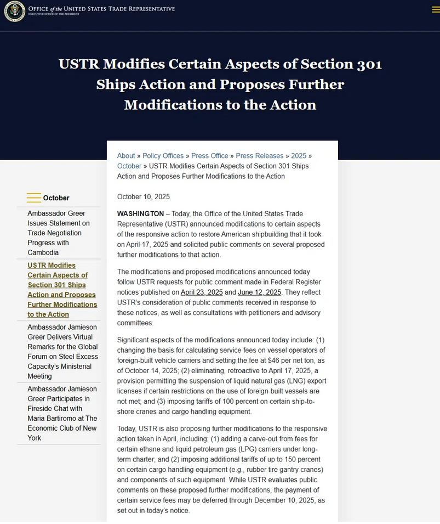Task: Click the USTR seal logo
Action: [x=14, y=11]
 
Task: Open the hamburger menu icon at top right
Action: [x=436, y=10]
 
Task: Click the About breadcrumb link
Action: [x=126, y=156]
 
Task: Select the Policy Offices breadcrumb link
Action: [x=163, y=156]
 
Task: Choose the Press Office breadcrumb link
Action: [x=210, y=156]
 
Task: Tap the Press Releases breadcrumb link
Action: [x=259, y=156]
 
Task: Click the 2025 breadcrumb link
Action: [x=299, y=156]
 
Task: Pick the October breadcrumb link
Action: [x=129, y=166]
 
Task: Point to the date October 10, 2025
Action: [x=144, y=196]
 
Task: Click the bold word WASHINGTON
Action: [x=140, y=213]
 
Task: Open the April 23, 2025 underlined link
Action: [x=202, y=292]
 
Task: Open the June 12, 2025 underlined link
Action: [x=259, y=292]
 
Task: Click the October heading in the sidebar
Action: [x=56, y=198]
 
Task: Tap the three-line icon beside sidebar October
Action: [x=34, y=198]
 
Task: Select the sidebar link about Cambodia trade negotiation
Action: [x=59, y=233]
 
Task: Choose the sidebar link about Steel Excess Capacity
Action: [x=62, y=351]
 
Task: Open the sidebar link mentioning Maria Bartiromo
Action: [x=62, y=413]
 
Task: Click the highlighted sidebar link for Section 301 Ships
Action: [x=62, y=290]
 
